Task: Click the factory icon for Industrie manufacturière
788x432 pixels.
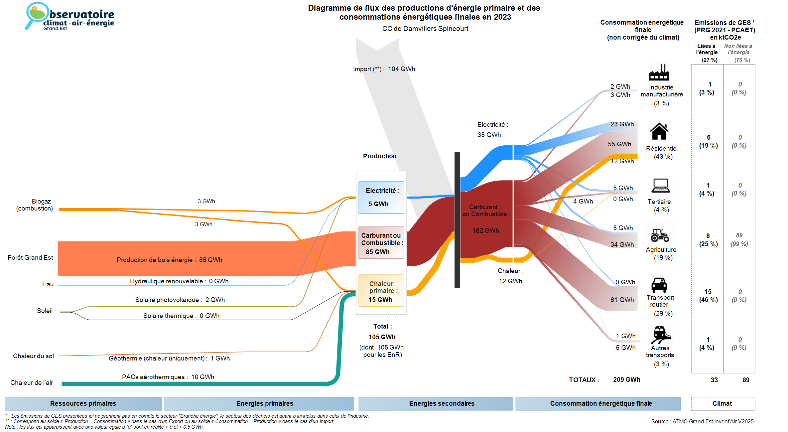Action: point(659,72)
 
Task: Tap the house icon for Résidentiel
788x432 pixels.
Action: point(659,131)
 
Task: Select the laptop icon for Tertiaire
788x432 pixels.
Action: point(660,186)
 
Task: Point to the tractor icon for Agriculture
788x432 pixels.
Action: point(660,235)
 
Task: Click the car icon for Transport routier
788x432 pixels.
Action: point(659,285)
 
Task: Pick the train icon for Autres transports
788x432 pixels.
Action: point(661,334)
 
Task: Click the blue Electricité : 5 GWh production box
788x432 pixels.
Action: point(381,198)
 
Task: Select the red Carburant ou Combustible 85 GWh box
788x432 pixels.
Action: point(381,243)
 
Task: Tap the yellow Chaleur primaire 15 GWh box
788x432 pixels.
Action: point(381,291)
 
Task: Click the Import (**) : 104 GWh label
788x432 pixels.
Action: point(384,69)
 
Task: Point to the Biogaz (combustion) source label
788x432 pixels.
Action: point(35,205)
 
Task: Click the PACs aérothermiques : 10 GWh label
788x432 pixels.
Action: point(168,377)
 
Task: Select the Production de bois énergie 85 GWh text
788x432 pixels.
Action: point(169,260)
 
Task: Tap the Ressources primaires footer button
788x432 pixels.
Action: point(83,403)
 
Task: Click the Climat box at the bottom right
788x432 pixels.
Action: point(722,403)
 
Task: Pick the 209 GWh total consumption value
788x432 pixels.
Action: point(626,379)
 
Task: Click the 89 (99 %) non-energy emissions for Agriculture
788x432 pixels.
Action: point(739,239)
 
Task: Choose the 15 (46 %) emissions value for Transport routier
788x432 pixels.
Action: point(708,296)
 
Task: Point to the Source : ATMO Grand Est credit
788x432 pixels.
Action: point(702,421)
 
